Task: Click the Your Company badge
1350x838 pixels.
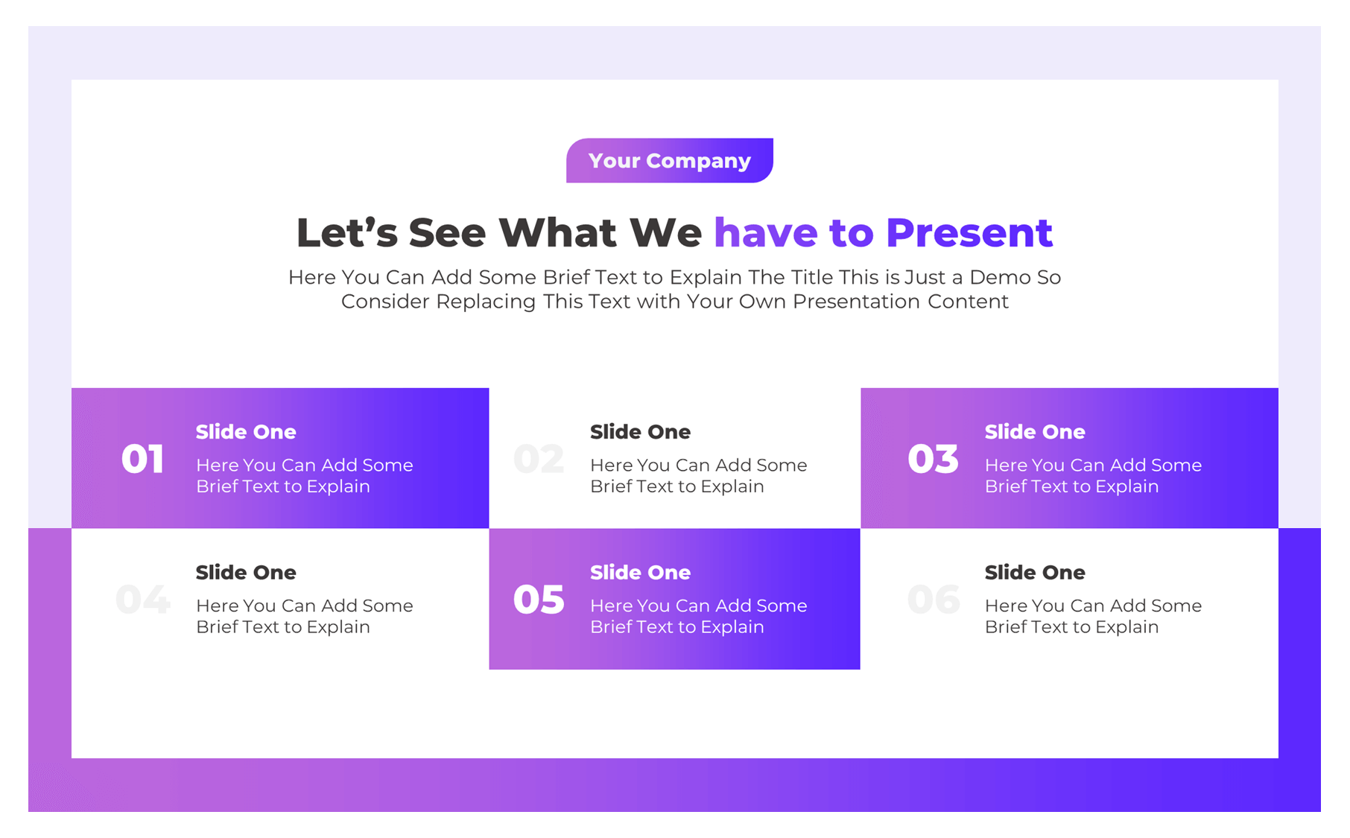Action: [x=669, y=160]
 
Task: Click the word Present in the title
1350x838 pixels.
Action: [x=969, y=233]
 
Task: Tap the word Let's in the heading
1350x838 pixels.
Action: [x=347, y=233]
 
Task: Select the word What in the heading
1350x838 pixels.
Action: [x=557, y=233]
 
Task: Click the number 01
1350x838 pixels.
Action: [x=142, y=459]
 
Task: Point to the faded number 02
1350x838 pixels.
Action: [x=539, y=459]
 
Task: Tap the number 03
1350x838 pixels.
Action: [x=933, y=459]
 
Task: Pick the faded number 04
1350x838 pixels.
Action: [x=143, y=600]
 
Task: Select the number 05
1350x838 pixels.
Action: [x=539, y=600]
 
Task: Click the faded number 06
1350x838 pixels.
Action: [x=934, y=600]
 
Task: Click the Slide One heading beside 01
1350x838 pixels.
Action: [x=246, y=432]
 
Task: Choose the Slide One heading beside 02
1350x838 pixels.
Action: [x=640, y=432]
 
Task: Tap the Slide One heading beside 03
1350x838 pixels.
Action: [x=1035, y=432]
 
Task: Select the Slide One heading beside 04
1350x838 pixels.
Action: [x=246, y=573]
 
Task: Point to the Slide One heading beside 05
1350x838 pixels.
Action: [x=640, y=573]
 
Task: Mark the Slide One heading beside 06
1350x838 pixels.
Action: [x=1035, y=573]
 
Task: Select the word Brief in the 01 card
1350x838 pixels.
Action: [x=217, y=486]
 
